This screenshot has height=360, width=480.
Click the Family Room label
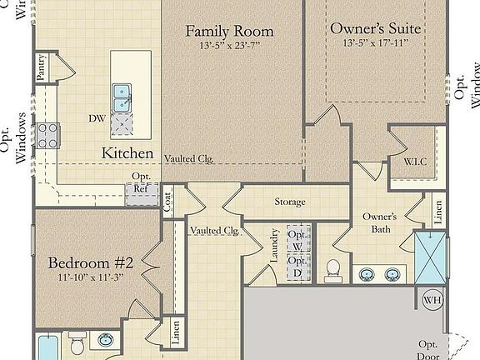[x=229, y=32]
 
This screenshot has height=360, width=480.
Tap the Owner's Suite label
[x=376, y=28]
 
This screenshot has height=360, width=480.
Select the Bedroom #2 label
[x=91, y=263]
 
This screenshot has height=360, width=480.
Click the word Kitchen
[x=127, y=152]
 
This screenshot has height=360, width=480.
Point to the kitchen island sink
[x=122, y=96]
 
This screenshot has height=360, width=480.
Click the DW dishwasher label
[x=97, y=119]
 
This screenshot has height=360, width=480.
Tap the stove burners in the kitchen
[x=47, y=134]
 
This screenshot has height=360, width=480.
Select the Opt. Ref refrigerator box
[x=141, y=188]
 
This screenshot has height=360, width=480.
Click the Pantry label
[x=41, y=69]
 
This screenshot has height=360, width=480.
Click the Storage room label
[x=290, y=202]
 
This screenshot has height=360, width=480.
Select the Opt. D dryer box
[x=297, y=267]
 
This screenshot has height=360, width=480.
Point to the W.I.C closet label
[x=416, y=161]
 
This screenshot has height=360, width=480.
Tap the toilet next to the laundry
[x=333, y=267]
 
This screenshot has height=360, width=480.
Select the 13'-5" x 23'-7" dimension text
[x=229, y=47]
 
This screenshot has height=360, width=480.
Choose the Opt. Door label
[x=428, y=348]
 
